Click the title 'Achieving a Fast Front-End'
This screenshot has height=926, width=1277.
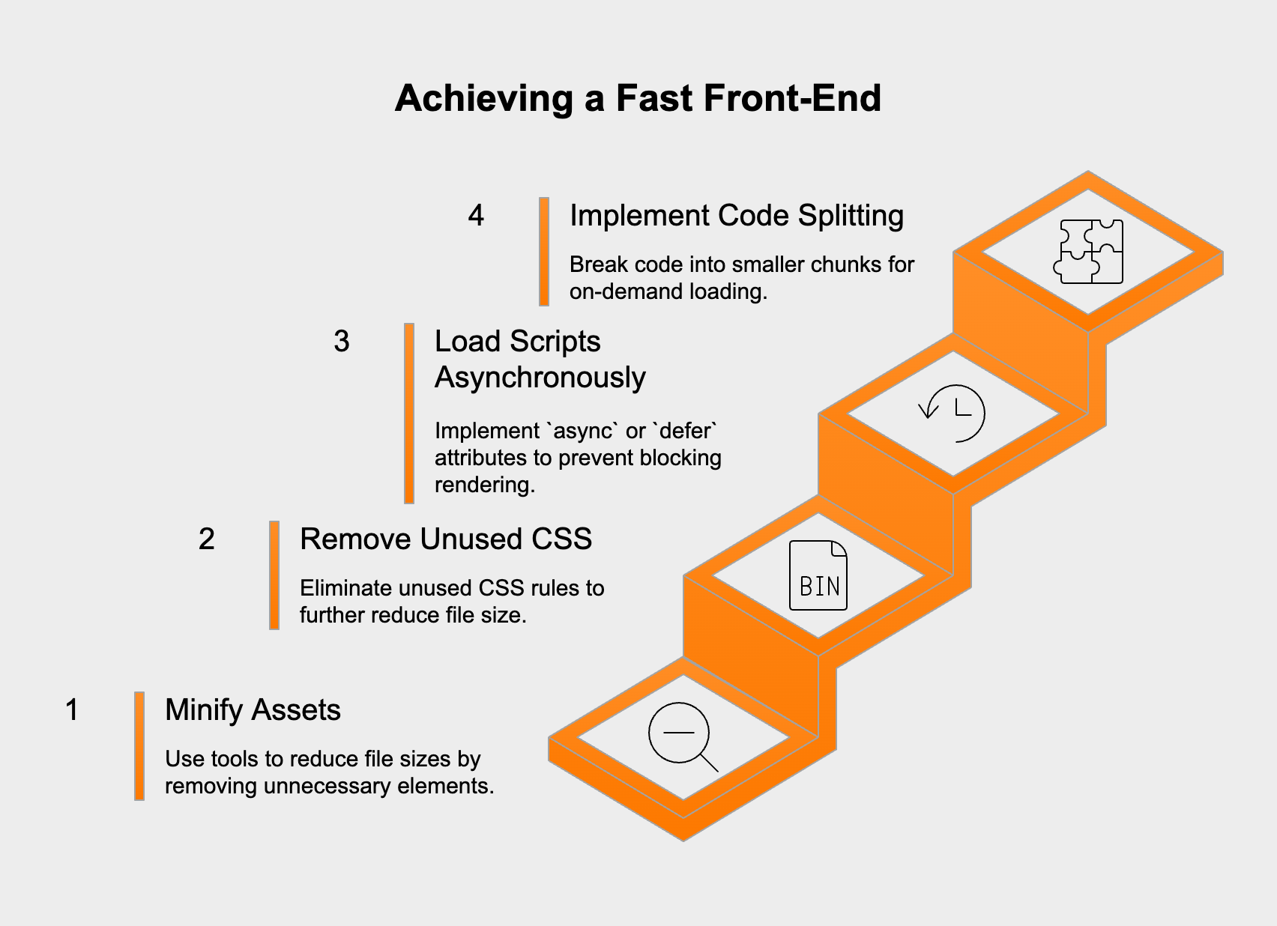coord(638,98)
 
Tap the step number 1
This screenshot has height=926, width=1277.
coord(72,709)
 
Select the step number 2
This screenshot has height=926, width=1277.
coord(207,539)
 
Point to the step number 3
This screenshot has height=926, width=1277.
coord(342,341)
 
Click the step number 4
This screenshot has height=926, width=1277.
coord(476,215)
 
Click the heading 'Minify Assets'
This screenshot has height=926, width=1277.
coord(253,709)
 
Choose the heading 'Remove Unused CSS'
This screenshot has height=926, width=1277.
coord(446,539)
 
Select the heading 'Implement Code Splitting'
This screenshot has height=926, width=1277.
coord(737,215)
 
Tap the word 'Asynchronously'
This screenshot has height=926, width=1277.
coord(540,377)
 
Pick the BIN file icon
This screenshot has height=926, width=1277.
coord(818,575)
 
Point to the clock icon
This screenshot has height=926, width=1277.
coord(953,413)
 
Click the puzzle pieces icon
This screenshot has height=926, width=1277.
coord(1088,251)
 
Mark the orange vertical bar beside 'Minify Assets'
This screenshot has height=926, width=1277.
coord(139,746)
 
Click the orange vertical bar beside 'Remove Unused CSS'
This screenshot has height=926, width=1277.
coord(274,575)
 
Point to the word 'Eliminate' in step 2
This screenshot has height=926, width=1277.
coord(345,588)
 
